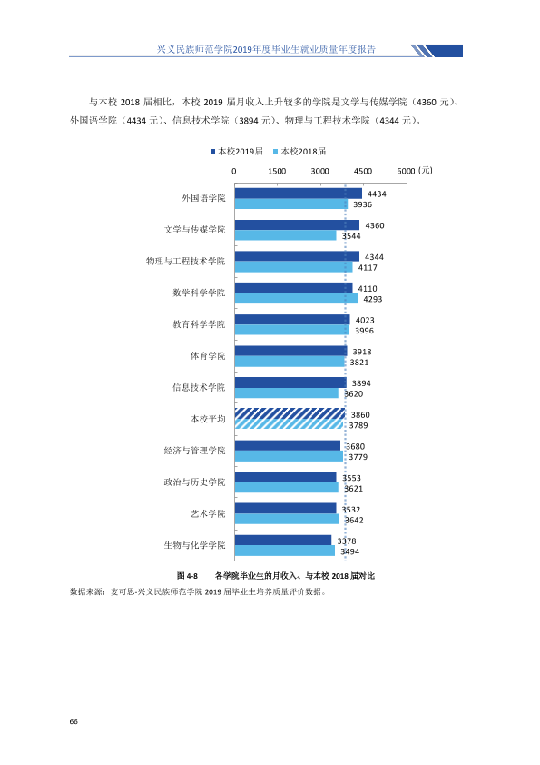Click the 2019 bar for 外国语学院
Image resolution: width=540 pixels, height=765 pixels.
[299, 194]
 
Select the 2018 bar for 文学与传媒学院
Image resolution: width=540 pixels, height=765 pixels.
[286, 235]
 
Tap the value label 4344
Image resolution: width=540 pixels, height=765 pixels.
[374, 257]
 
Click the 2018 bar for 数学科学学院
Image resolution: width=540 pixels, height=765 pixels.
[296, 299]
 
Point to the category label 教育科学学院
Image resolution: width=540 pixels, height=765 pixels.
[199, 324]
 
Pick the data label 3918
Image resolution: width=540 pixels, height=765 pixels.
[362, 352]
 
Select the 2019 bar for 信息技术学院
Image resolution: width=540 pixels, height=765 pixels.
[290, 383]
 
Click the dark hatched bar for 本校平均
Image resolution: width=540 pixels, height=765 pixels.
[290, 414]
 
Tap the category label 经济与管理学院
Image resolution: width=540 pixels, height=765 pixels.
[194, 451]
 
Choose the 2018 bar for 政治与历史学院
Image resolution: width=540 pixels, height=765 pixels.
[287, 488]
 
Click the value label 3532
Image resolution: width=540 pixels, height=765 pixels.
[351, 510]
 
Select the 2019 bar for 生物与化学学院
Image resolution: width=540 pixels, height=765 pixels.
[283, 541]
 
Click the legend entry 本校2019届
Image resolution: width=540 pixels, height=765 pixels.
[237, 152]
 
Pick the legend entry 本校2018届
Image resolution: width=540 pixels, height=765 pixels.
[299, 152]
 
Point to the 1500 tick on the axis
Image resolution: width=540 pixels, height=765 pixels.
[277, 171]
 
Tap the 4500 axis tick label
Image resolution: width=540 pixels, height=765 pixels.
[363, 171]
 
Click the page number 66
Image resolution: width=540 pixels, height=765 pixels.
[74, 721]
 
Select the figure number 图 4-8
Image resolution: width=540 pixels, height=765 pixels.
[187, 576]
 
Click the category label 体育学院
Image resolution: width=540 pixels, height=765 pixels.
[208, 356]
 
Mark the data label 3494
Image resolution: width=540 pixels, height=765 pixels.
[350, 551]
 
